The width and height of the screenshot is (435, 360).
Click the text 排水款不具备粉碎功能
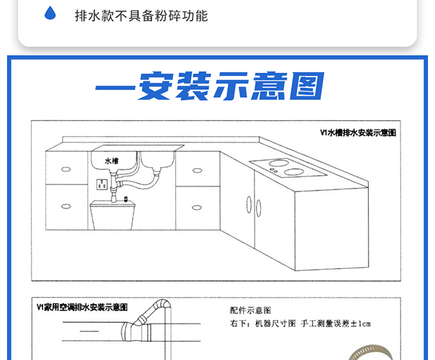141,15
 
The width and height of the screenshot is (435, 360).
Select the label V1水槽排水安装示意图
358,133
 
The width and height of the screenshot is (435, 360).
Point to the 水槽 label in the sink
111,160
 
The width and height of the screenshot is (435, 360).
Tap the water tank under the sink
113,215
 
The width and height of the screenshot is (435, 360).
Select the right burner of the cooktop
295,172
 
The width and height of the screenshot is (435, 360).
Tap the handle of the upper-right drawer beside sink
197,170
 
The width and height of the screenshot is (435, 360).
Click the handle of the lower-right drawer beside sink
197,206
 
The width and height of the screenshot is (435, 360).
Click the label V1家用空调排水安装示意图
82,307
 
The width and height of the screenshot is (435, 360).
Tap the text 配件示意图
251,311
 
